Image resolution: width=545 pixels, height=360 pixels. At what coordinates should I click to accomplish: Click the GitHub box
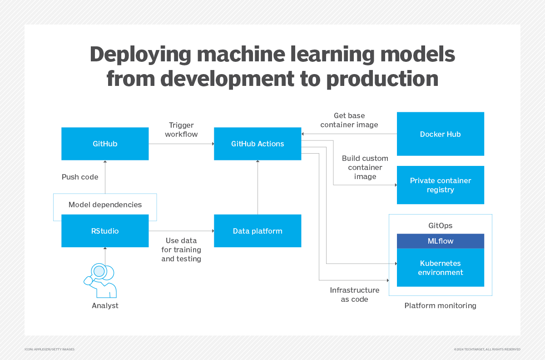[x=105, y=144]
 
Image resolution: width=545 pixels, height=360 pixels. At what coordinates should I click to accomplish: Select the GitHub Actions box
[x=258, y=144]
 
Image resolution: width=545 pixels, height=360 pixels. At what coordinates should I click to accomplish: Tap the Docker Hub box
[x=440, y=134]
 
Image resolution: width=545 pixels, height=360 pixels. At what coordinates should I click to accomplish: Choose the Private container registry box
[x=440, y=185]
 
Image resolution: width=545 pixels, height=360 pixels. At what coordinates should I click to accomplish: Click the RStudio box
[x=105, y=231]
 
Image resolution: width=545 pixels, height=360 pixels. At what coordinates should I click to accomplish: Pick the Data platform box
[x=258, y=231]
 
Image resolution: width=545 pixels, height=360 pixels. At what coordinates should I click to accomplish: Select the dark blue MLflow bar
[x=440, y=241]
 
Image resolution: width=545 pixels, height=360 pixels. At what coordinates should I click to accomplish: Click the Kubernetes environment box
[x=440, y=268]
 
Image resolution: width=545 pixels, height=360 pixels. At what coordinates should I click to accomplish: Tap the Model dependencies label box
[x=105, y=205]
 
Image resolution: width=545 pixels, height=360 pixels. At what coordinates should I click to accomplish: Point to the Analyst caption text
[x=105, y=305]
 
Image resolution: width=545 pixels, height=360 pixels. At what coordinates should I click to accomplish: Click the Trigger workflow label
[x=181, y=130]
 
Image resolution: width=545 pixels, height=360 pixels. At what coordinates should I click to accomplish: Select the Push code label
[x=80, y=177]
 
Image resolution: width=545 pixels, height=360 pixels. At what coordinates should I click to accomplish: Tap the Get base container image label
[x=349, y=120]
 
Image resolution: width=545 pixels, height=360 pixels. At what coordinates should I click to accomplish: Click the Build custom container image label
[x=365, y=167]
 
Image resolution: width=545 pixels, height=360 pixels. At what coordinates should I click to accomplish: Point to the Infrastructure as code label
[x=354, y=295]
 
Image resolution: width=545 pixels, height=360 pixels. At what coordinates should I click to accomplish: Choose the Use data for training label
[x=181, y=250]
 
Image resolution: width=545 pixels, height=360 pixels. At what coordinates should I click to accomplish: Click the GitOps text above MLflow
[x=440, y=225]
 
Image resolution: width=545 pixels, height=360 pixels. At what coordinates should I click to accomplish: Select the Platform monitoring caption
[x=440, y=305]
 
